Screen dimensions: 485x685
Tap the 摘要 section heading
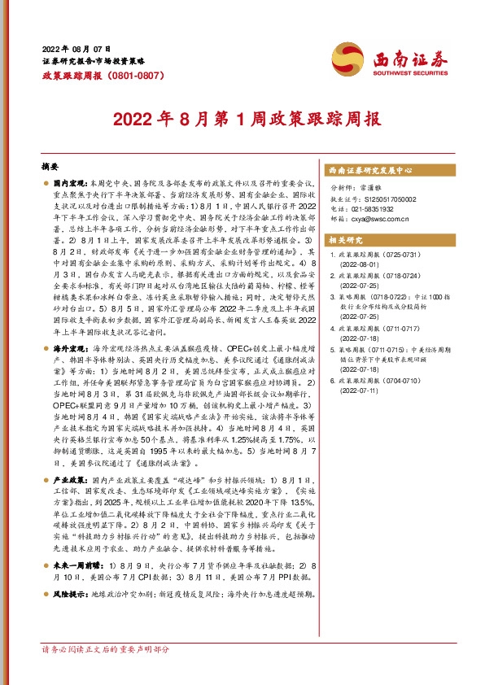[50, 165]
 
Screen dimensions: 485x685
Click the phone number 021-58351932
[371, 208]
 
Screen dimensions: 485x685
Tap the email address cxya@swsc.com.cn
[377, 218]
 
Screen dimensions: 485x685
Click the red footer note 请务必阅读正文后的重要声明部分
[105, 673]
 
